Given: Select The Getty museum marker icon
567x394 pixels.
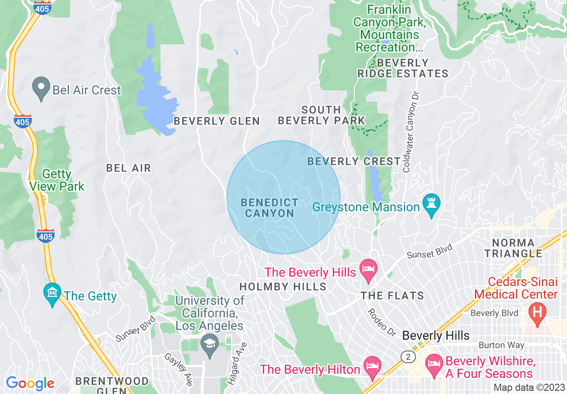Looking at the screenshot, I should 53,293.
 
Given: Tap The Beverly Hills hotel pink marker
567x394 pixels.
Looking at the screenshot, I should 368,270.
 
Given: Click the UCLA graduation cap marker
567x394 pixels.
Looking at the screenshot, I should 209,345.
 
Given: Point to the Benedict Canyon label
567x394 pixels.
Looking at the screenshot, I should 269,208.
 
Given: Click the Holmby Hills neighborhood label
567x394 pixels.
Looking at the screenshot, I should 283,287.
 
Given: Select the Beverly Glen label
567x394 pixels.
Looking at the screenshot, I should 216,121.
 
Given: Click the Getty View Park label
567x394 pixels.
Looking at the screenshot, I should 57,180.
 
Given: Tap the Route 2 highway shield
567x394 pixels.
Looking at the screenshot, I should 407,356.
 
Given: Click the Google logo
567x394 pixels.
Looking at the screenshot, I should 30,383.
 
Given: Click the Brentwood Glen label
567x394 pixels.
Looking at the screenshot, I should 112,385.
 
